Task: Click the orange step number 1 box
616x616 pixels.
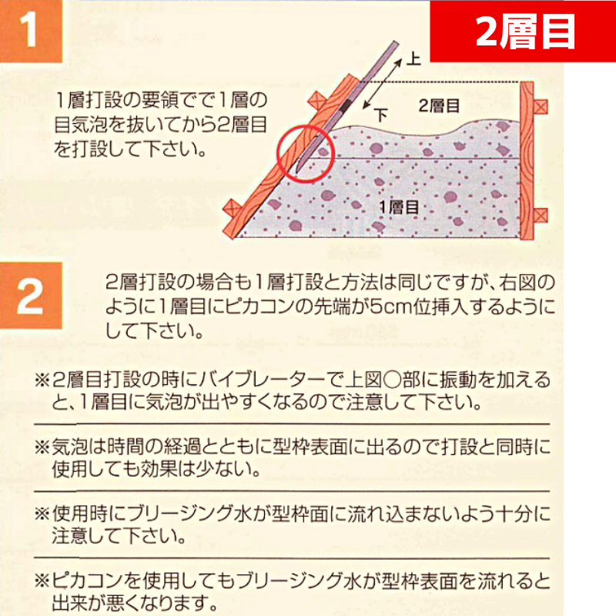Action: tap(31, 31)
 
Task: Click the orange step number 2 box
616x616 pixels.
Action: tap(31, 296)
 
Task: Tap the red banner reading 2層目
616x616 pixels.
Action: tap(523, 31)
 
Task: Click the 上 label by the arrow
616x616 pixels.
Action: tap(413, 59)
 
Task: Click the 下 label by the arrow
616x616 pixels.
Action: tap(380, 115)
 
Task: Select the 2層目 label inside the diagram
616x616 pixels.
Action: tap(439, 105)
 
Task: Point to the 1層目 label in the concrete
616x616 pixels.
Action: tap(398, 207)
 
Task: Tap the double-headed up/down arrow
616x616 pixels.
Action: tap(383, 83)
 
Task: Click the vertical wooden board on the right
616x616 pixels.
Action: tap(527, 161)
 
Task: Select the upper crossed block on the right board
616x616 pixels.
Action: tap(541, 106)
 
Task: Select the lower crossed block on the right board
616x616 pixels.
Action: tap(541, 216)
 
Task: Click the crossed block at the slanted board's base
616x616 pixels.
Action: tap(233, 208)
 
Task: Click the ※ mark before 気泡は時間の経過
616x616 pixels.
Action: tap(42, 447)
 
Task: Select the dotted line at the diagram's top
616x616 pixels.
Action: tap(440, 82)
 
